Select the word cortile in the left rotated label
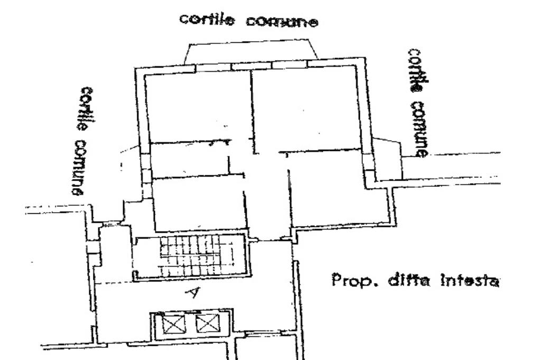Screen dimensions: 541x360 (x=86, y=109)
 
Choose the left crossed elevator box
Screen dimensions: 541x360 (x=172, y=324)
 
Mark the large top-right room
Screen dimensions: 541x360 (x=306, y=108)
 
